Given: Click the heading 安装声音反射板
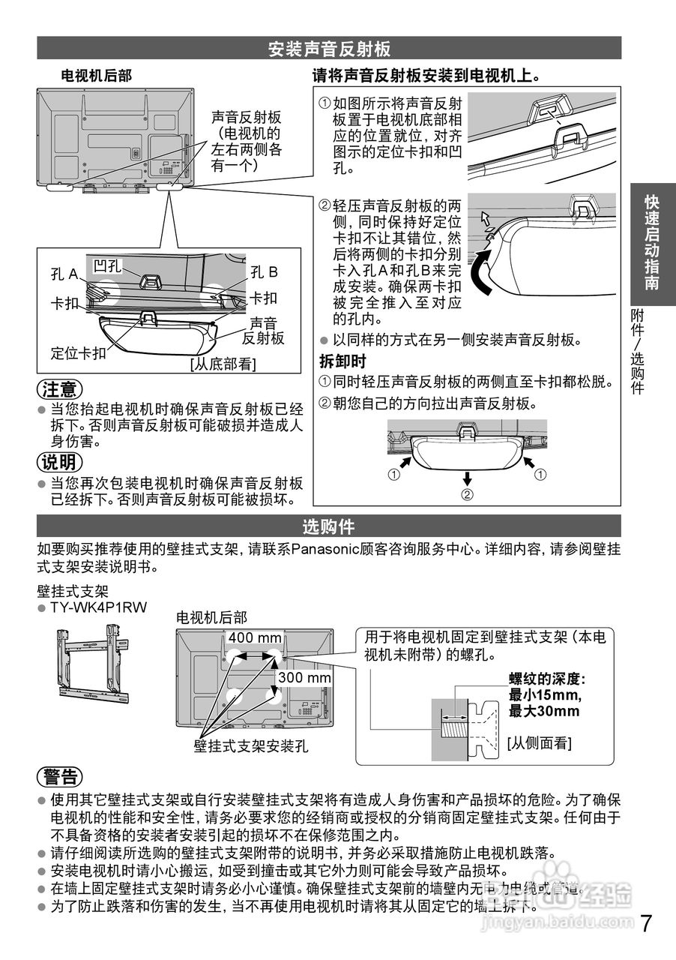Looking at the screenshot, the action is pos(329,49).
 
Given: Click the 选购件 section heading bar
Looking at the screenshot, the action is pos(329,526).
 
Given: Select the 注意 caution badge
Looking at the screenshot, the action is pos(60,390).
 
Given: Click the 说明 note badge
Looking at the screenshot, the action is pos(60,461).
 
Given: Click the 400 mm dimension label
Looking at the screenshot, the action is pos(255,638).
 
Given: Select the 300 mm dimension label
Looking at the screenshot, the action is pos(304,678).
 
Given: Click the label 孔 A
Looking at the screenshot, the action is pos(64,274).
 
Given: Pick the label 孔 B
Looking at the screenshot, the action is pos(264,271).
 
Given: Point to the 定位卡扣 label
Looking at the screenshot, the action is pos(78,352).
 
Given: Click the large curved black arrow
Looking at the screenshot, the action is pos(483,274).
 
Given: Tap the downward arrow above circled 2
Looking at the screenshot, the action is pos(467,478).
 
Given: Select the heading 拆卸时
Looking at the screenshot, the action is pos(342,361).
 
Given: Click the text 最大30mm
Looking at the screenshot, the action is pos(544,711).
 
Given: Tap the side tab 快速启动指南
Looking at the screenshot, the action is pos(652,244).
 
